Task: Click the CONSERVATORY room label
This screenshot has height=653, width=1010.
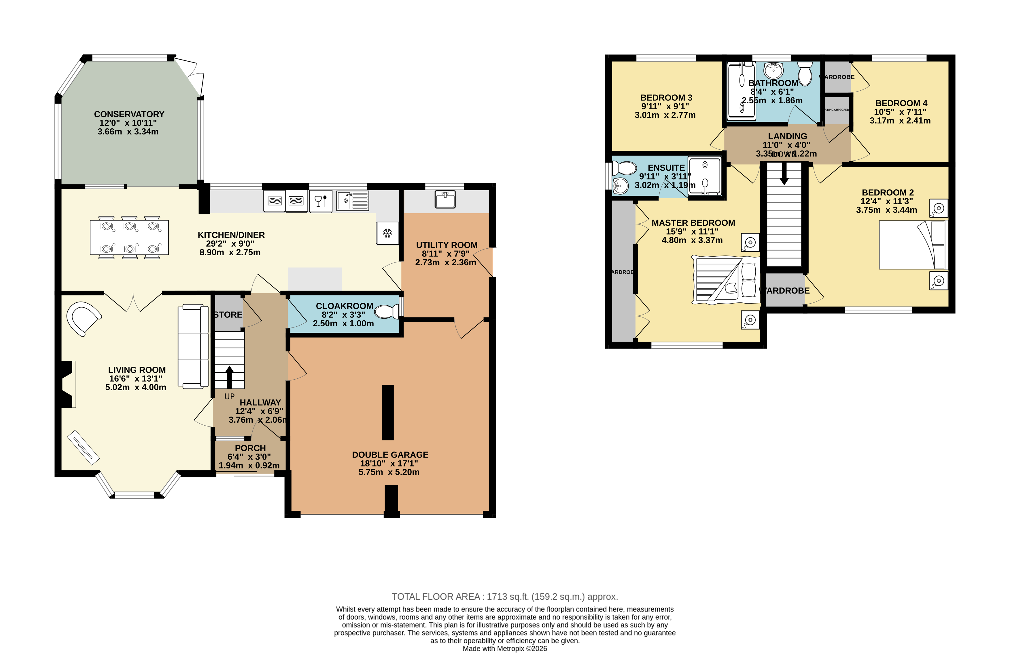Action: click(x=129, y=114)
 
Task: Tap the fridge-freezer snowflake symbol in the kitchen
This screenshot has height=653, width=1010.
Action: click(x=387, y=233)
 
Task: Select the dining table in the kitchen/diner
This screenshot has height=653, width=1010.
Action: click(x=129, y=237)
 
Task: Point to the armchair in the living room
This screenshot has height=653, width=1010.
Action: click(x=84, y=318)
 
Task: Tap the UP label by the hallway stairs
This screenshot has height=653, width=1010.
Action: click(x=229, y=397)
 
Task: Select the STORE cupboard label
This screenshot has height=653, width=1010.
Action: click(x=228, y=315)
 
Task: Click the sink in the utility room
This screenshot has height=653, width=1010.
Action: click(x=445, y=199)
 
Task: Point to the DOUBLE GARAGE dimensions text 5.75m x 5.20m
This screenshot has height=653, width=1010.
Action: click(x=389, y=472)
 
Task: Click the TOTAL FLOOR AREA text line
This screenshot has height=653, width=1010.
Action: click(x=505, y=597)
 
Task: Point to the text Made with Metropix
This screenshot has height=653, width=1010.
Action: click(x=505, y=648)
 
